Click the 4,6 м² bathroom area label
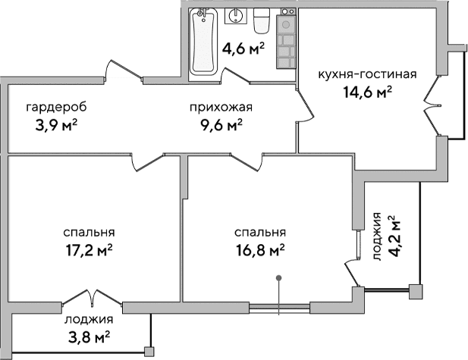[243, 50]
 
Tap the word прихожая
[221, 107]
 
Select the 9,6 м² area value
[221, 124]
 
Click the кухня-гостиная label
[367, 74]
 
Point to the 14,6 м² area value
[367, 92]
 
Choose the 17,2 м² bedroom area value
[90, 249]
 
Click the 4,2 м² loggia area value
[394, 236]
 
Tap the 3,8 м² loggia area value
[87, 336]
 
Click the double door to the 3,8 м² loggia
[90, 297]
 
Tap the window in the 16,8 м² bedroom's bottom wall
[279, 307]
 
